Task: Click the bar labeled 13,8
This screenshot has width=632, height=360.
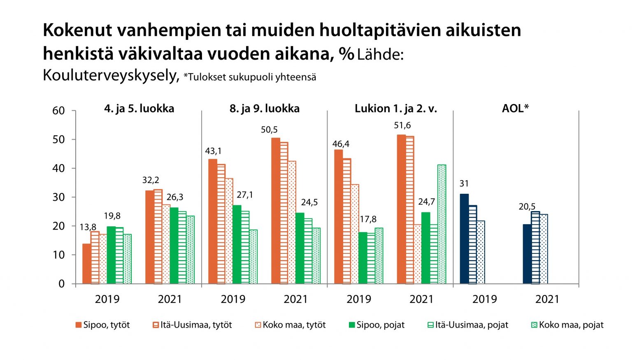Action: [86, 264]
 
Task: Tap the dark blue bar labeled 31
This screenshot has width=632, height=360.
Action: [464, 239]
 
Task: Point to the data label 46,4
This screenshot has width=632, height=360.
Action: [341, 144]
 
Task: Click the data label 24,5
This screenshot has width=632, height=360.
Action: [309, 202]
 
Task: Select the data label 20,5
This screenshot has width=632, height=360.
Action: [527, 207]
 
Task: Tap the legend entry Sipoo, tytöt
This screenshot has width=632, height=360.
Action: [102, 325]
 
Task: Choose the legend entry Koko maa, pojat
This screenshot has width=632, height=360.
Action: [567, 325]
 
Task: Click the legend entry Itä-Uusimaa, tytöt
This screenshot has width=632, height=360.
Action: [192, 325]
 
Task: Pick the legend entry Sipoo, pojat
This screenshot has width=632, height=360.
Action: [376, 325]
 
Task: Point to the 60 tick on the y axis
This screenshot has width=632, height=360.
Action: [59, 111]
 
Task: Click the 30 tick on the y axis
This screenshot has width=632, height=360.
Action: [59, 197]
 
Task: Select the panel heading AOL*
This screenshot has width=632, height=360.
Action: [515, 109]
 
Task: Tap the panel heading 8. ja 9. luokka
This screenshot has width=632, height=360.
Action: [265, 109]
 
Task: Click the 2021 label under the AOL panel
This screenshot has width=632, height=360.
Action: [547, 299]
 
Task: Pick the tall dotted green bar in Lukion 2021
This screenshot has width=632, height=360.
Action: [442, 224]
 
